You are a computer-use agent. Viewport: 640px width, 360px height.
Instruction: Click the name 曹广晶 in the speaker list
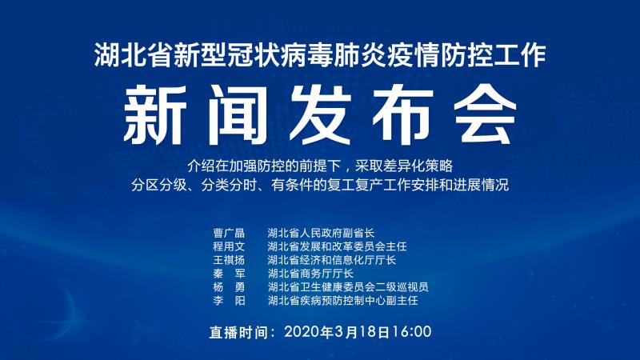[x=229, y=233]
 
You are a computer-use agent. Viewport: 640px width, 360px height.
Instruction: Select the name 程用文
[x=229, y=246]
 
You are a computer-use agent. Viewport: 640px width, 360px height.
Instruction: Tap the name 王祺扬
[x=229, y=260]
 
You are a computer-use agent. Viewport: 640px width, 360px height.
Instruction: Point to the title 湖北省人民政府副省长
[x=321, y=233]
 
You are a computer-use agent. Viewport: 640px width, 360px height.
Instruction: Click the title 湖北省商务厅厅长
[x=310, y=274]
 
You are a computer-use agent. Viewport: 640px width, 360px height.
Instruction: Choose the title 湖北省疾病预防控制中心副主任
[x=342, y=301]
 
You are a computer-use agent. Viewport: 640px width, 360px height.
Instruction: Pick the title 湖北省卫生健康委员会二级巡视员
[x=348, y=287]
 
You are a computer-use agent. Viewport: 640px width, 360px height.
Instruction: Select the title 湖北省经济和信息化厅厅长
[x=332, y=260]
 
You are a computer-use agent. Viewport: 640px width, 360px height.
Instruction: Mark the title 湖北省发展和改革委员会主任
[x=337, y=246]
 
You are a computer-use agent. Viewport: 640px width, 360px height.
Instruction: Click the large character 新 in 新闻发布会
[x=155, y=114]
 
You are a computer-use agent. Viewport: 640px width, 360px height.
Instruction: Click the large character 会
[x=486, y=114]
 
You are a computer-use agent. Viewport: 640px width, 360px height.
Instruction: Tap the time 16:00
[x=411, y=331]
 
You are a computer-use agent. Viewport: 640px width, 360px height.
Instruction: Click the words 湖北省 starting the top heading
[x=133, y=54]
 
